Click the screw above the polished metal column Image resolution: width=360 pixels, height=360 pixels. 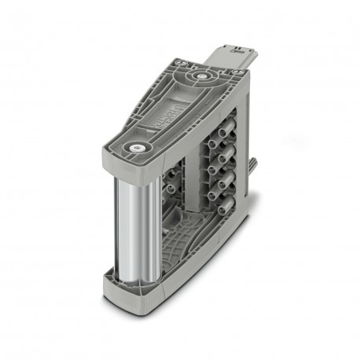141,147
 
